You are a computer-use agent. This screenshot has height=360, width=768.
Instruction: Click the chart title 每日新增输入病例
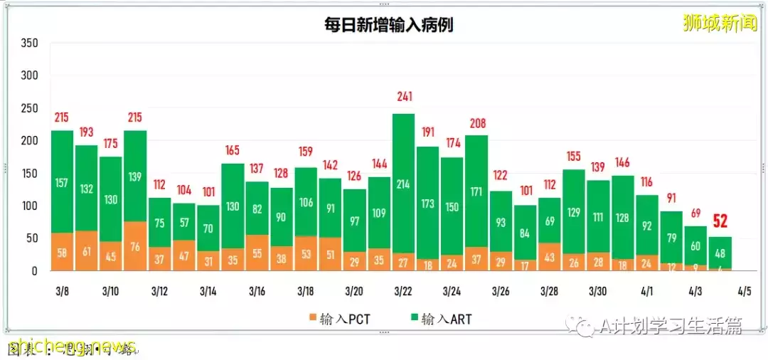(x=389, y=26)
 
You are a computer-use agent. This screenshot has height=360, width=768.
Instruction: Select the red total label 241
(x=404, y=97)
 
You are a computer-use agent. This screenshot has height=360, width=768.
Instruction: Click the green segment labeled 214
(x=404, y=184)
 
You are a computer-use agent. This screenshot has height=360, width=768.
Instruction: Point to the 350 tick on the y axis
(x=29, y=43)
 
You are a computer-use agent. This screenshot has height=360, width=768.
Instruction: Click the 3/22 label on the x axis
(x=403, y=292)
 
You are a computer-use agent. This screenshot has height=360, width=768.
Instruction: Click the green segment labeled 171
(x=476, y=191)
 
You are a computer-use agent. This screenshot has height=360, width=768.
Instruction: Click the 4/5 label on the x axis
(x=745, y=292)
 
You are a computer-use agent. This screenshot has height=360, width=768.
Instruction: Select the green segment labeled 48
(x=720, y=253)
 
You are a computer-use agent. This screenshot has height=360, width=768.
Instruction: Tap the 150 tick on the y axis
(x=29, y=174)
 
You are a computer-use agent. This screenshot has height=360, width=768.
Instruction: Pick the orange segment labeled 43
(x=550, y=256)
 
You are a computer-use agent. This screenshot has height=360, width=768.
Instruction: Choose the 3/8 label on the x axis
(x=62, y=292)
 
